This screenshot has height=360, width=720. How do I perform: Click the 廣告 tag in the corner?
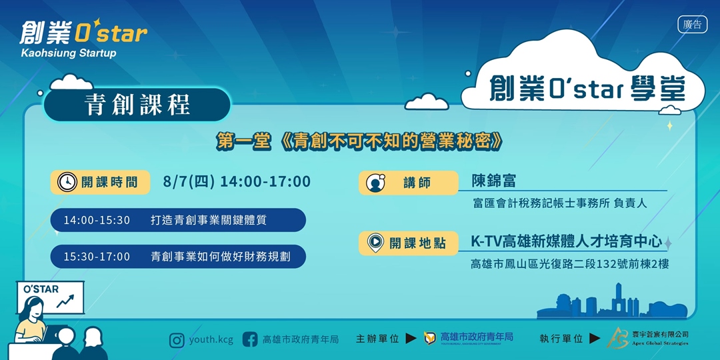[x=693, y=25]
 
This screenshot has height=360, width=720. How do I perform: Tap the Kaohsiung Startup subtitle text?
[x=69, y=53]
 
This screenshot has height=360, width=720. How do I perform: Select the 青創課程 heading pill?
[x=137, y=105]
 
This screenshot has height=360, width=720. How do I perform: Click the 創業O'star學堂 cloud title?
[x=587, y=89]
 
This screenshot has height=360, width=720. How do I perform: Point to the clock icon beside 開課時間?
[x=65, y=183]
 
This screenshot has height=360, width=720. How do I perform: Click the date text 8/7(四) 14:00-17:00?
[x=237, y=182]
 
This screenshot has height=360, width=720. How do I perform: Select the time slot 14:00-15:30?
[x=97, y=220]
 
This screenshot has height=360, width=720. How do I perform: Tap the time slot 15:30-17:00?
[x=97, y=257]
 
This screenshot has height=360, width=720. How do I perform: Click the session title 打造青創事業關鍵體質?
[x=209, y=220]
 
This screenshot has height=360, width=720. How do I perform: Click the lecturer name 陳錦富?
[x=494, y=181]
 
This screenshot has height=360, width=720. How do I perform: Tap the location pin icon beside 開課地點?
[x=375, y=243]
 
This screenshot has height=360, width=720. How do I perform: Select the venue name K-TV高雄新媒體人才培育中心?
[x=566, y=241]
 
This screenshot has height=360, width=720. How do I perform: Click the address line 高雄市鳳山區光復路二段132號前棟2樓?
[x=569, y=264]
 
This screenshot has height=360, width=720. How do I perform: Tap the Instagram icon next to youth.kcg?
[x=177, y=340]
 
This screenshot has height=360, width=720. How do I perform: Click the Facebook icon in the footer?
[x=250, y=339]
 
